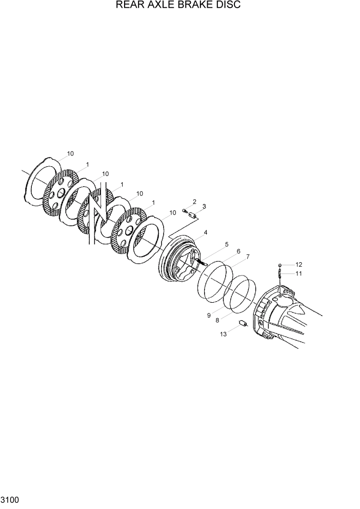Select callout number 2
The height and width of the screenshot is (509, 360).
[x=194, y=202]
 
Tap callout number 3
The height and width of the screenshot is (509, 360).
[x=204, y=206]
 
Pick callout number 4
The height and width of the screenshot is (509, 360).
[x=205, y=232]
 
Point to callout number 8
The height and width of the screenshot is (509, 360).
[x=217, y=320]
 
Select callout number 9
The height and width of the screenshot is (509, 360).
[x=209, y=316]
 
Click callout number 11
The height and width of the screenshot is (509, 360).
[x=298, y=273]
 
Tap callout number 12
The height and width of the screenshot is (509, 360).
[x=298, y=265]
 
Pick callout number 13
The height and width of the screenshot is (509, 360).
[x=223, y=334]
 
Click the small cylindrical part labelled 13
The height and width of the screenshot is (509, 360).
[x=244, y=324]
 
